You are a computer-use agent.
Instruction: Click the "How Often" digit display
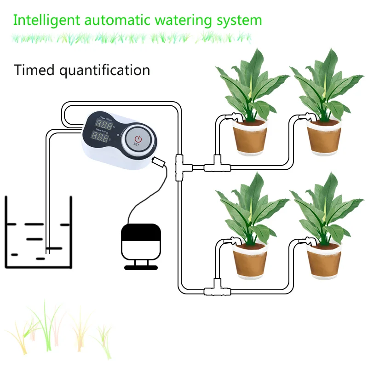coord(104,125)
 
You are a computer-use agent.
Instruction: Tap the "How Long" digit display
coord(102,137)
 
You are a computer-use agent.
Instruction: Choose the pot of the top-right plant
coord(323,136)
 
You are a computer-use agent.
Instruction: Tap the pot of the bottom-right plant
coord(323,261)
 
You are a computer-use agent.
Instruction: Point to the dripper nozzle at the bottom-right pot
coord(307,241)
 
